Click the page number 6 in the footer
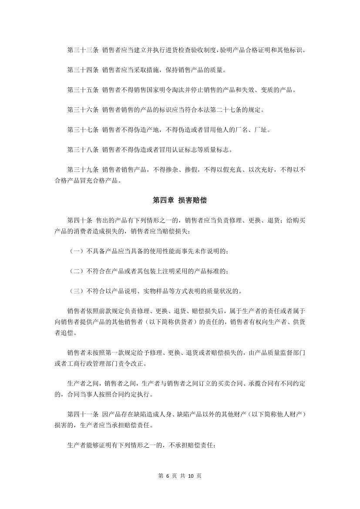168,476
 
